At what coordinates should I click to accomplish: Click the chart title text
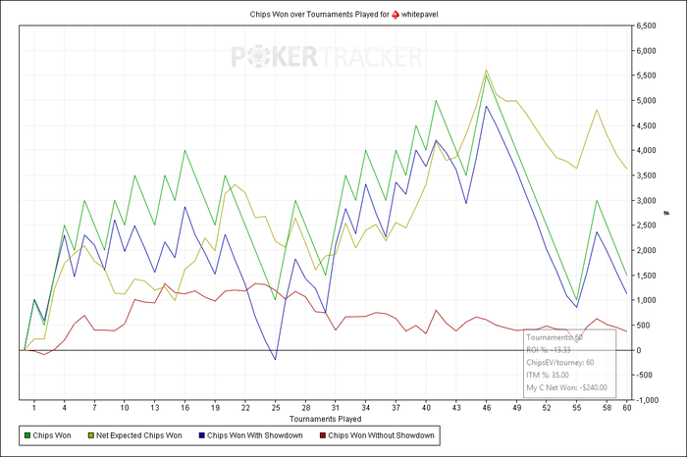(x=334, y=13)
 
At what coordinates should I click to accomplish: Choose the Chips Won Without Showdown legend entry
(x=379, y=433)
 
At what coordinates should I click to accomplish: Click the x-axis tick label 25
(x=276, y=406)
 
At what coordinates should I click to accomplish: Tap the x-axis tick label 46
(x=487, y=406)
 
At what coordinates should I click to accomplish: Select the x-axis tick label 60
(x=627, y=406)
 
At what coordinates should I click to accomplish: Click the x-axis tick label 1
(x=34, y=406)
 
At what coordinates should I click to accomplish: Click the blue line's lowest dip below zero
(x=276, y=360)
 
